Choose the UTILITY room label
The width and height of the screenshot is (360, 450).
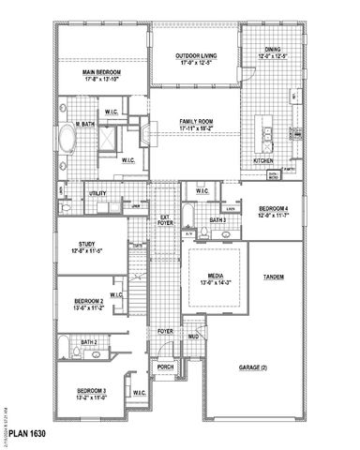[x=97, y=193]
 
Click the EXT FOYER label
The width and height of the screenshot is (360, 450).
[x=164, y=220]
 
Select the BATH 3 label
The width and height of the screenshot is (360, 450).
[x=218, y=220]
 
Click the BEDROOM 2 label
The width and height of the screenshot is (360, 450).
[x=89, y=303]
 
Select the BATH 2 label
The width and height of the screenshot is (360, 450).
[x=90, y=342]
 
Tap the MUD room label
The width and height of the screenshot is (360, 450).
[x=193, y=335]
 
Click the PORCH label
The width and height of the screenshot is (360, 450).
[x=165, y=367]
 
